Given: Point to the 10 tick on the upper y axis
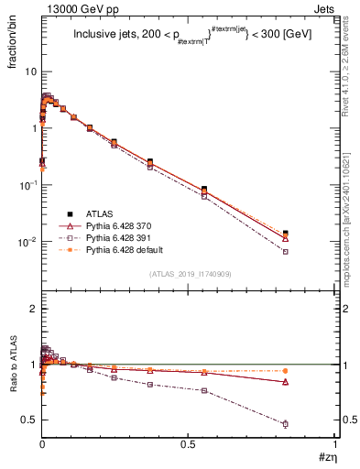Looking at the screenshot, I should coord(31,71).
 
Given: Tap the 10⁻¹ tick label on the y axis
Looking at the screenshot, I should coord(29,185).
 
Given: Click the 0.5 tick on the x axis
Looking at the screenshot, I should coord(189,446).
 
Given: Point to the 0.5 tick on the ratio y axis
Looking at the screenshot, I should coord(30,420).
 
